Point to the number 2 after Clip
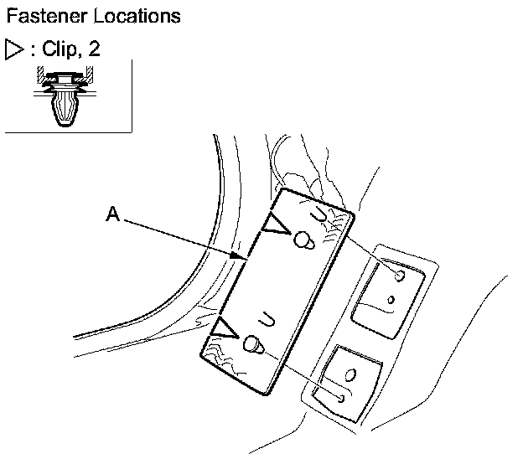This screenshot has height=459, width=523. [x=95, y=48]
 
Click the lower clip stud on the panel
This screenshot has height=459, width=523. [x=252, y=344]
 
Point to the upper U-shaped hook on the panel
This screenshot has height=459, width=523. [x=319, y=215]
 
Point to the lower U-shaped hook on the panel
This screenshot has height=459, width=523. [x=267, y=318]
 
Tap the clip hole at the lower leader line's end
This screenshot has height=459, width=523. [x=341, y=397]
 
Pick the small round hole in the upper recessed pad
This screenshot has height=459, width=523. [x=391, y=299]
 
